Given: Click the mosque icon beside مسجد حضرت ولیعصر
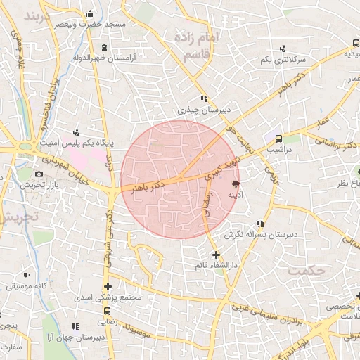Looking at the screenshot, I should (x=89, y=14).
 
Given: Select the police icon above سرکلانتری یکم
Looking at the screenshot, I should (x=283, y=49).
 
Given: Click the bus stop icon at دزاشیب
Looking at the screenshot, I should (x=279, y=139).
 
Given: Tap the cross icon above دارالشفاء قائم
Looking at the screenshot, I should (x=215, y=254).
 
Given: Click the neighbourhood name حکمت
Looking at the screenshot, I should (x=312, y=271).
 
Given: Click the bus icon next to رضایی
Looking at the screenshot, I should (x=107, y=311).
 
